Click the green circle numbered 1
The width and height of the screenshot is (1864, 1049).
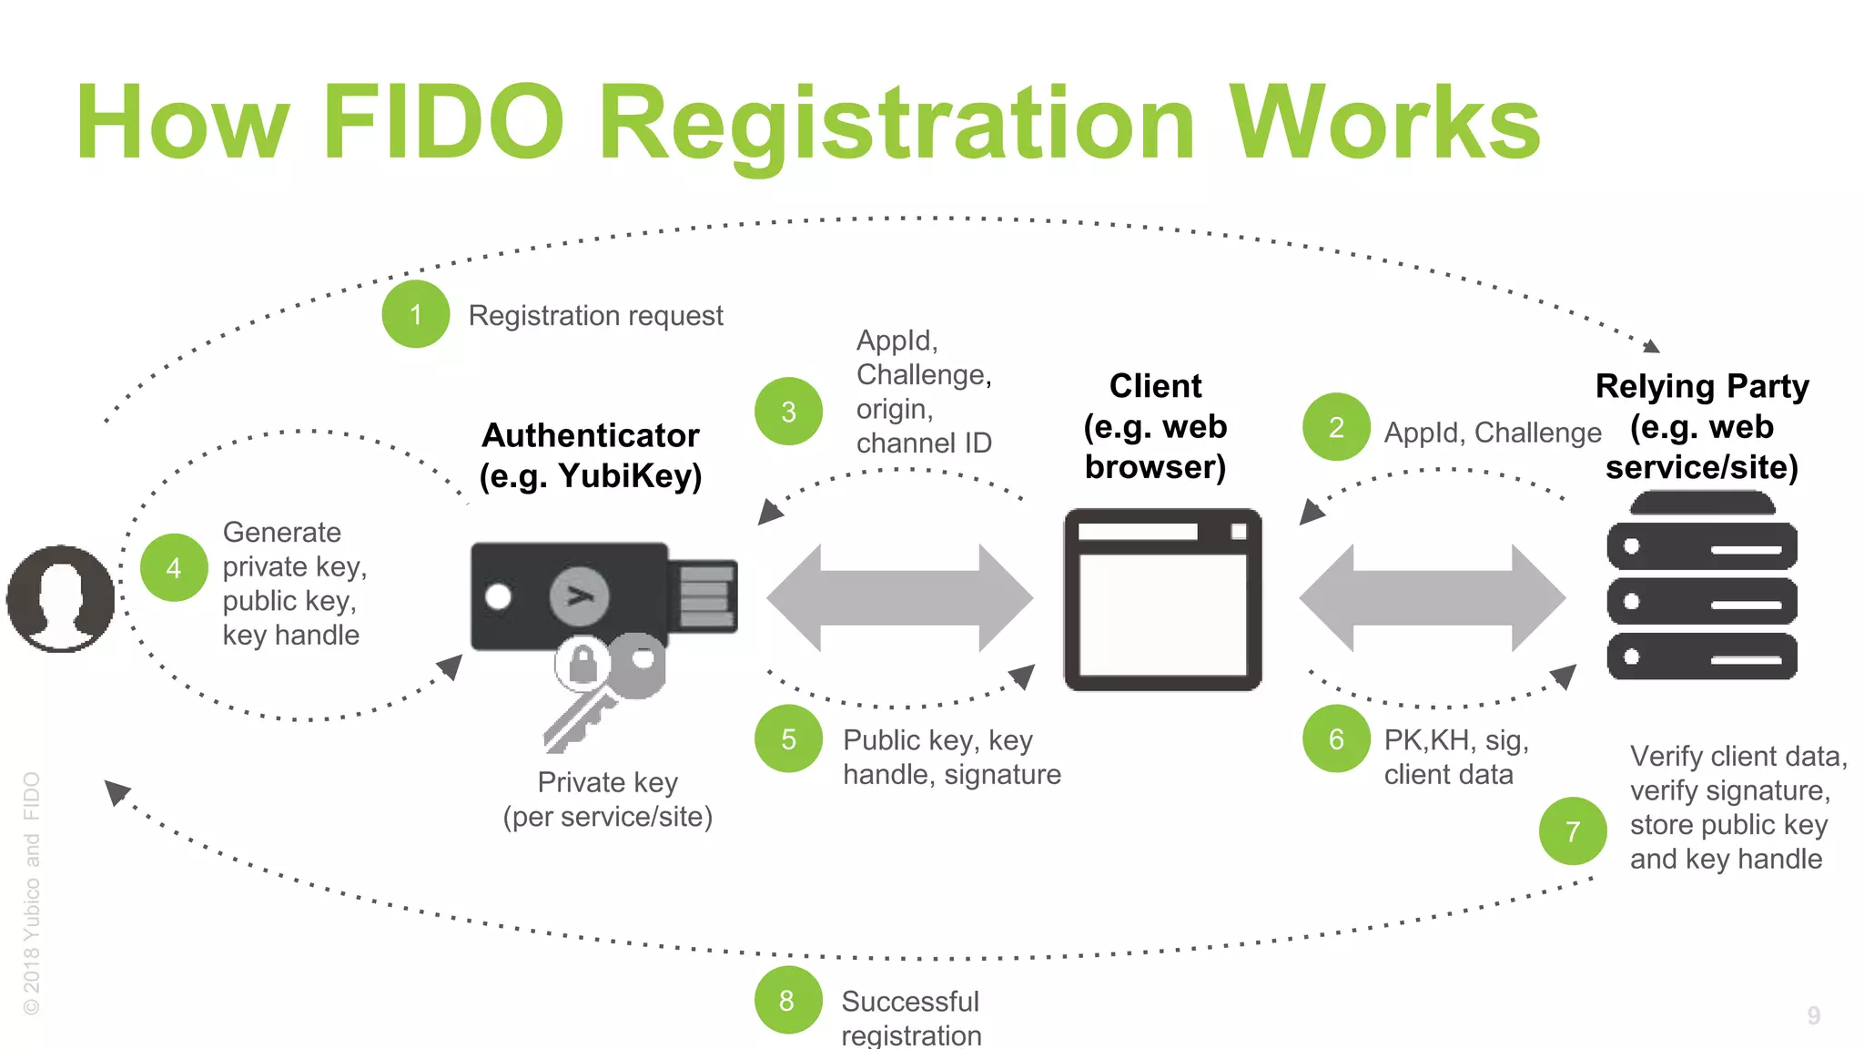[x=416, y=314]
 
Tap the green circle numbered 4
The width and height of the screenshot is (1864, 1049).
[x=174, y=567]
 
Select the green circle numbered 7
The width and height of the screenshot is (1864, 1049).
[x=1573, y=830]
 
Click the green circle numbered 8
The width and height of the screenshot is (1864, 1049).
[x=787, y=1000]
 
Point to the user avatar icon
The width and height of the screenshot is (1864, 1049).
[x=60, y=598]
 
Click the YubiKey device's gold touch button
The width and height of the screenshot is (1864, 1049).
[x=580, y=596]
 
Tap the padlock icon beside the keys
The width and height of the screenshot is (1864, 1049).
[x=582, y=663]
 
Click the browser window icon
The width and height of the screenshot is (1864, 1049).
[x=1162, y=599]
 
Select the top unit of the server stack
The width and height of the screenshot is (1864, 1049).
[x=1702, y=546]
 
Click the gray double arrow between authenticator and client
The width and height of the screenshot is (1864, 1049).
[x=899, y=598]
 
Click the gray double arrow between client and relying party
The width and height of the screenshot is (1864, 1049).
[x=1433, y=598]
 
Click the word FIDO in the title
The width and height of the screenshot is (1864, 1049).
[x=443, y=123]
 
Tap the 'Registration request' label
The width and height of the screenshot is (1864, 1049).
[x=595, y=316]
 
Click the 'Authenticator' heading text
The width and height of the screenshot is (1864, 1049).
[x=590, y=435]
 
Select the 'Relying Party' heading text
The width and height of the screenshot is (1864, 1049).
[x=1702, y=386]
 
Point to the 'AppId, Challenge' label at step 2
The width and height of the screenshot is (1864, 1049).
[x=1492, y=433]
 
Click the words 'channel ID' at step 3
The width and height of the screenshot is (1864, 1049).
[x=923, y=443]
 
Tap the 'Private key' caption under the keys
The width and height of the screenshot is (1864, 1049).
[x=607, y=782]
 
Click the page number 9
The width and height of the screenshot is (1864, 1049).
[x=1813, y=1015]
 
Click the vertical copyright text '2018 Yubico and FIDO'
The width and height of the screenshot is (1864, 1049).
[x=32, y=892]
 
